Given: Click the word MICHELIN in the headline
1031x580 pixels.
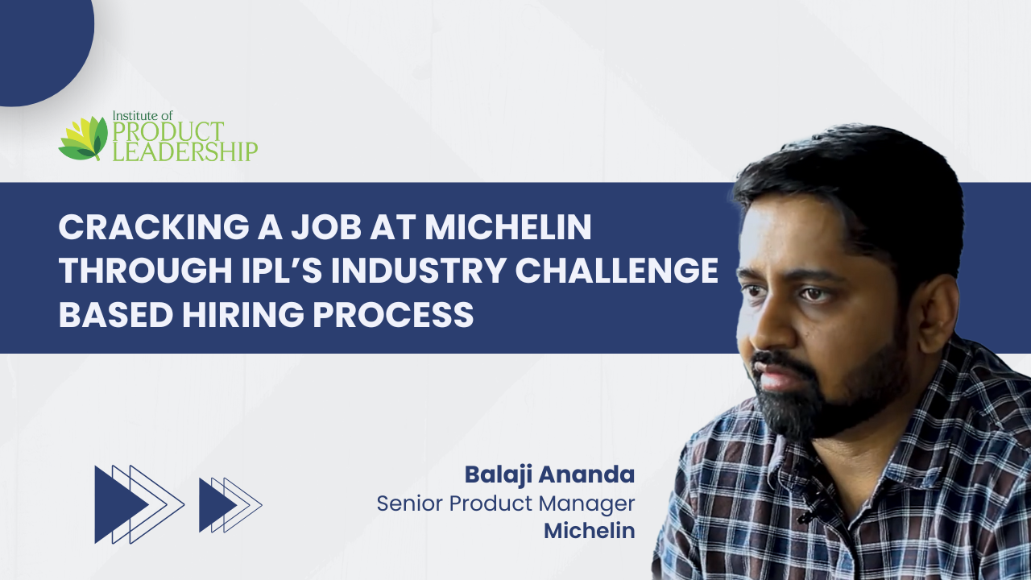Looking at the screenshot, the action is [507, 227].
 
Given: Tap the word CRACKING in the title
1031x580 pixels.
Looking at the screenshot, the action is [153, 227].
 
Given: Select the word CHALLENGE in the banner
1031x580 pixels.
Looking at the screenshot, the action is [617, 270].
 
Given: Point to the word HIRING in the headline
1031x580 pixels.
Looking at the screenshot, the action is [243, 315].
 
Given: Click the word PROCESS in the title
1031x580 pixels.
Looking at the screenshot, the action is [394, 315].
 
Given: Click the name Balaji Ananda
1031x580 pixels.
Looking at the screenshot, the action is [549, 474].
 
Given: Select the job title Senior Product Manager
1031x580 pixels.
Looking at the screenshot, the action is [506, 503].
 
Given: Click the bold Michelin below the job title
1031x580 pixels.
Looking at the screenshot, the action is [590, 531].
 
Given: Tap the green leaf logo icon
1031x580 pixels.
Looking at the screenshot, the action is [83, 138].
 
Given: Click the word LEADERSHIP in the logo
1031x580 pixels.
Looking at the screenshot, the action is [185, 151].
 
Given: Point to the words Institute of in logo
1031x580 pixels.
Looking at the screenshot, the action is [143, 115].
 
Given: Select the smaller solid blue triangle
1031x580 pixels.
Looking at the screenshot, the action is [217, 505].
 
